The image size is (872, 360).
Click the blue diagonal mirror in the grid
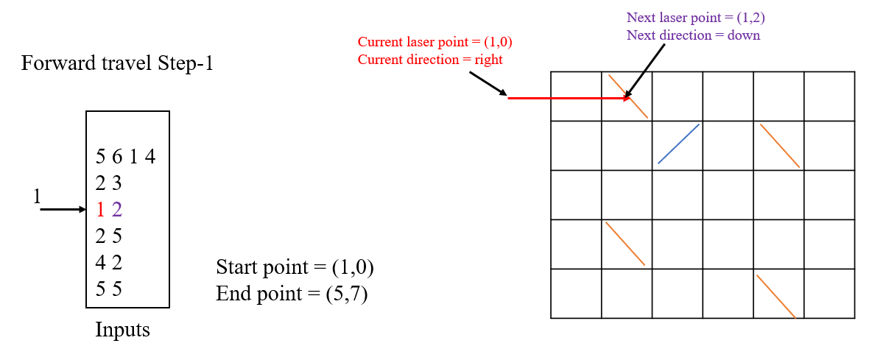point(678,144)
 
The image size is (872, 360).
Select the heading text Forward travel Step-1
point(117,63)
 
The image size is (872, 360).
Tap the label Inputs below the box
point(122,330)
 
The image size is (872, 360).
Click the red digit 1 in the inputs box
point(101,210)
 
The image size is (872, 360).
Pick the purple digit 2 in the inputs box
point(116,210)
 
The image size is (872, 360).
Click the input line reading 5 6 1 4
point(125,157)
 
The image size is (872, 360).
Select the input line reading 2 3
point(108,183)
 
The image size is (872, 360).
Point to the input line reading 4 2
point(108,262)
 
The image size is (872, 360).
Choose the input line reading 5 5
point(108,289)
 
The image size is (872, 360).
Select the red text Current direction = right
point(430,60)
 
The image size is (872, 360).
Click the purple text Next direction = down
point(693,35)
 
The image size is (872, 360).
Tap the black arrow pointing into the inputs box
point(63,210)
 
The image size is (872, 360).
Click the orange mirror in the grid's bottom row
point(776,297)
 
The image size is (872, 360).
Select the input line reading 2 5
point(108,236)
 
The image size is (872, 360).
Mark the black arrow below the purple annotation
point(647,71)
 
